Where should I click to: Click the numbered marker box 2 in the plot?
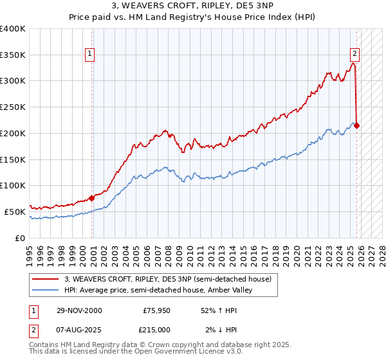coord(354,55)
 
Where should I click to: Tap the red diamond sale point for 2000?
coord(92,198)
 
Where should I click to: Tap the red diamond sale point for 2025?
coord(357,125)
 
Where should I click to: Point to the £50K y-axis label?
coord(15,212)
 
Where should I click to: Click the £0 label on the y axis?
coord(21,238)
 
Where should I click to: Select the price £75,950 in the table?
coord(156,310)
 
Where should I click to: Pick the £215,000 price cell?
coord(156,329)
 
